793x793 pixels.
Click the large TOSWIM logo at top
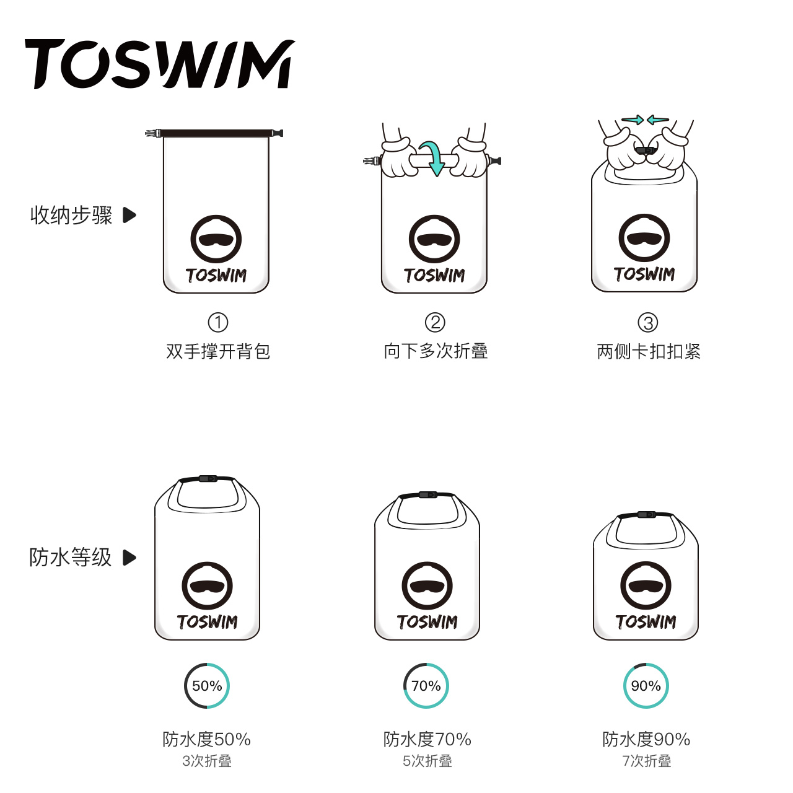pyautogui.click(x=159, y=64)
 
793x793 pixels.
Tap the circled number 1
pyautogui.click(x=218, y=322)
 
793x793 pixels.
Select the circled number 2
pyautogui.click(x=435, y=322)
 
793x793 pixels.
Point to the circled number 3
pyautogui.click(x=648, y=322)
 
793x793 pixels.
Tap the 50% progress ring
pyautogui.click(x=207, y=686)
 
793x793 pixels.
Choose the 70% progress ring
pyautogui.click(x=426, y=686)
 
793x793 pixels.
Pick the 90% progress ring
pyautogui.click(x=646, y=686)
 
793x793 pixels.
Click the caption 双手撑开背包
pyautogui.click(x=218, y=351)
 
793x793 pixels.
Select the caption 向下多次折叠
pyautogui.click(x=436, y=351)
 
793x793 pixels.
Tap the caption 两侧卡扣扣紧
pyautogui.click(x=649, y=351)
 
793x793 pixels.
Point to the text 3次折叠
pyautogui.click(x=207, y=761)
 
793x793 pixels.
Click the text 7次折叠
pyautogui.click(x=646, y=761)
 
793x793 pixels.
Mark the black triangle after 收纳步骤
pyautogui.click(x=129, y=215)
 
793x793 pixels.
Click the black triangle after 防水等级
pyautogui.click(x=129, y=558)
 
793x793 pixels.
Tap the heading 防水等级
pyautogui.click(x=70, y=557)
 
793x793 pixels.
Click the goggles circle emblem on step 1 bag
pyautogui.click(x=216, y=240)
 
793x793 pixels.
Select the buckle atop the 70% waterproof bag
pyautogui.click(x=427, y=495)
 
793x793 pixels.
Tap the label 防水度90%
pyautogui.click(x=646, y=739)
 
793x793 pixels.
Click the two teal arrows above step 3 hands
pyautogui.click(x=645, y=120)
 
